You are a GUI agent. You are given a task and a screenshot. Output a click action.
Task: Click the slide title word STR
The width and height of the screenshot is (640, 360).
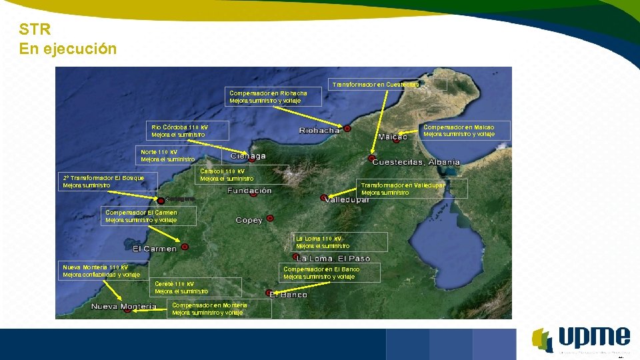click(x=35, y=29)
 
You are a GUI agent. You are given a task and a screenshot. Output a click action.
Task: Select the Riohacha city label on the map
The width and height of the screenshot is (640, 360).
click(x=319, y=131)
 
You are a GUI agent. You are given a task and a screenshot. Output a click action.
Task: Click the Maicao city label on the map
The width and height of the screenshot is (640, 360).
click(x=393, y=137)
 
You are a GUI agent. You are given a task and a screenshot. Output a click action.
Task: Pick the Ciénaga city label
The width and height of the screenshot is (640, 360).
click(x=248, y=156)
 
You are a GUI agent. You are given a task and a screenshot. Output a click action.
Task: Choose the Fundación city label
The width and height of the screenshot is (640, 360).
click(x=249, y=191)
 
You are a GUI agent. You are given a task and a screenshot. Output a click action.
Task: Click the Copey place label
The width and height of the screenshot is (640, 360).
click(x=249, y=220)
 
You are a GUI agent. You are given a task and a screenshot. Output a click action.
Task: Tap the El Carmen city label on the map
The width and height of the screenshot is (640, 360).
click(x=155, y=249)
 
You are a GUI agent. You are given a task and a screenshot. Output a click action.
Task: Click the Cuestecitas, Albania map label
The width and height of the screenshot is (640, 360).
click(x=416, y=162)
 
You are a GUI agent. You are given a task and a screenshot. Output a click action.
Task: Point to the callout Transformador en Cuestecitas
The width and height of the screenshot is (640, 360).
click(x=375, y=85)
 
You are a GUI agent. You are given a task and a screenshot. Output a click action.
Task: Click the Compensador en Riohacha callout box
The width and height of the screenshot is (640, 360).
click(x=274, y=97)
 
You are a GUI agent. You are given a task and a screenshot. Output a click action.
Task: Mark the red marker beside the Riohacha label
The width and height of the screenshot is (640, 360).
click(x=347, y=128)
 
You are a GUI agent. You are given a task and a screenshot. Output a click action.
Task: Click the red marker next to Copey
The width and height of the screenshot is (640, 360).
click(x=270, y=217)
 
